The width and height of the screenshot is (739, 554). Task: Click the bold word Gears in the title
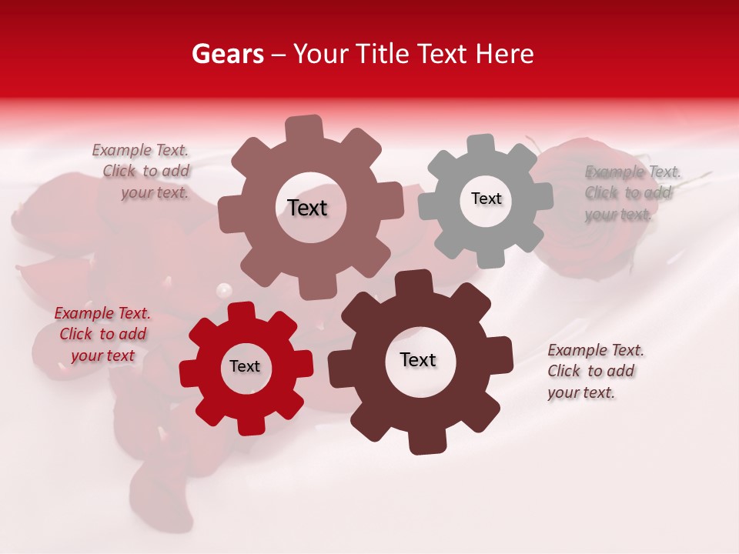tap(227, 54)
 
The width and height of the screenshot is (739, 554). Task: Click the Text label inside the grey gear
tap(486, 199)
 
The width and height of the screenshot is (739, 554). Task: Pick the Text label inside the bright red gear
tap(245, 367)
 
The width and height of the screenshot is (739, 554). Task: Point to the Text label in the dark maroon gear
tap(418, 360)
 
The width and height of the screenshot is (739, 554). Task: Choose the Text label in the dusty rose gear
tap(307, 208)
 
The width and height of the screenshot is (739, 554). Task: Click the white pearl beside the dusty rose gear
tap(224, 291)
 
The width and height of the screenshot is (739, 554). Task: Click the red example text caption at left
tap(102, 334)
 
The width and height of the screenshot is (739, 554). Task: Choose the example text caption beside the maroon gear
tap(594, 371)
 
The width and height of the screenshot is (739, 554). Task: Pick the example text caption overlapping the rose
tap(631, 192)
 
